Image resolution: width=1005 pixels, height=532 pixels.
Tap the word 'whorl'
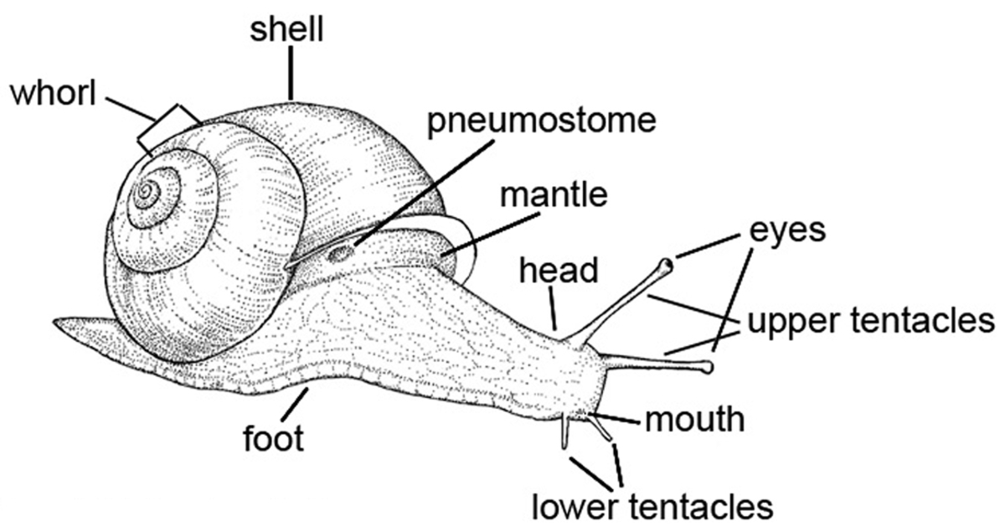(57, 94)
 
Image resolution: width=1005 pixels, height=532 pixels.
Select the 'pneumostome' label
(539, 123)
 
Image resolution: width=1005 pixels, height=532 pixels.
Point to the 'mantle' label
(552, 195)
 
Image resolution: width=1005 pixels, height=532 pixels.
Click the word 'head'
(559, 271)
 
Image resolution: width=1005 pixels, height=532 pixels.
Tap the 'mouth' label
(694, 418)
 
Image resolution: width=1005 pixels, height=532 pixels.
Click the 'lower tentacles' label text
(652, 505)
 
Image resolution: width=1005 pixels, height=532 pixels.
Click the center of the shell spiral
(147, 194)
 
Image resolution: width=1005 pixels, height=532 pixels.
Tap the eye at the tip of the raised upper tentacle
(666, 266)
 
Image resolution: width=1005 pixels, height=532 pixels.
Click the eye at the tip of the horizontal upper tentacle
(709, 366)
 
